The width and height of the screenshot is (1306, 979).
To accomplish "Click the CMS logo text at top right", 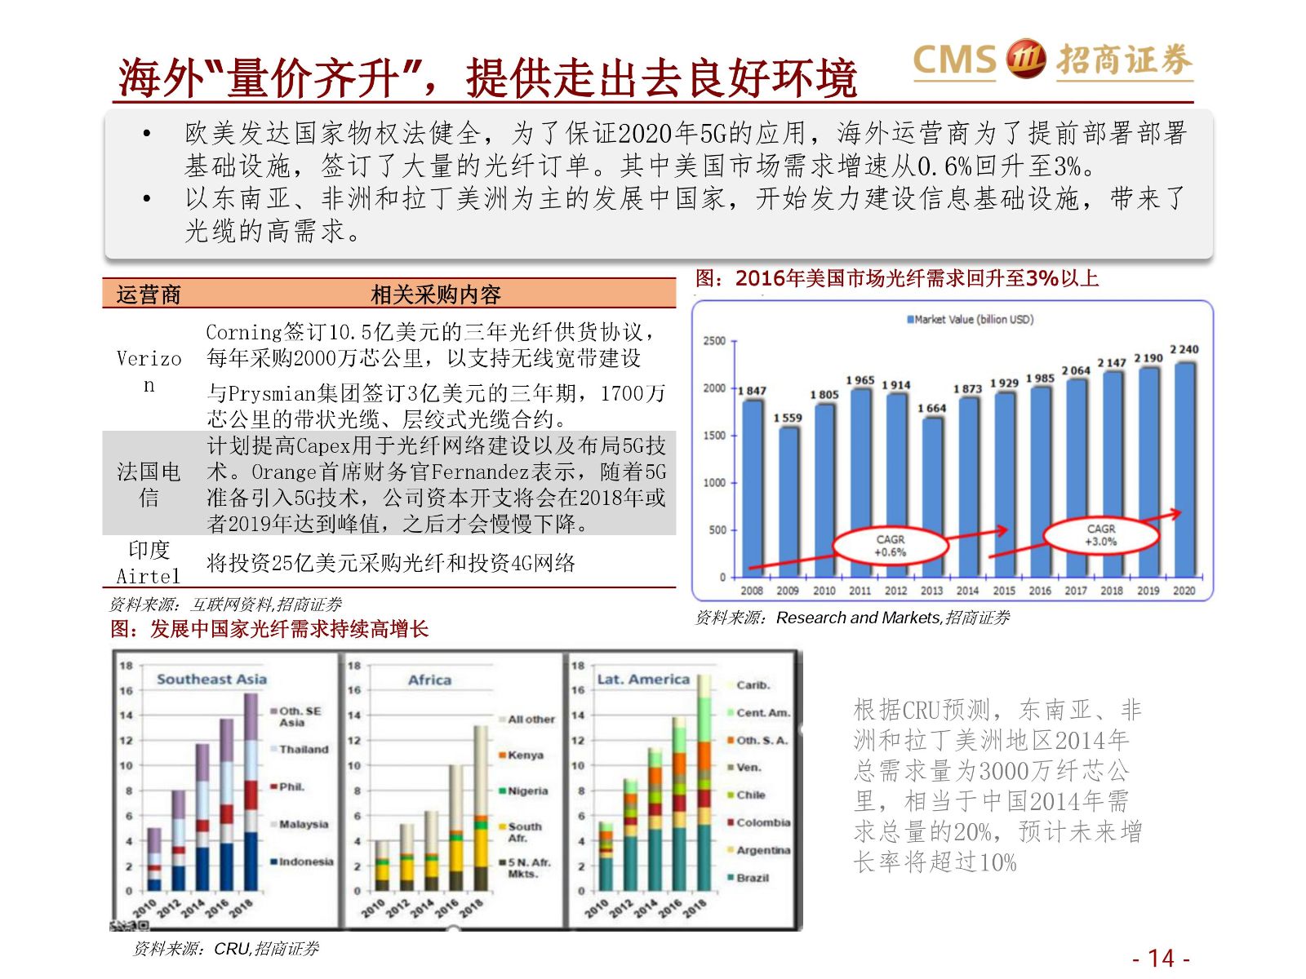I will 954,60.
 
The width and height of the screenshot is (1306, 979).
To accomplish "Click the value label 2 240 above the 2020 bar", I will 1184,349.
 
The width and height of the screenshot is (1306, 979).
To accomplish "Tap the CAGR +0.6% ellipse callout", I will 890,546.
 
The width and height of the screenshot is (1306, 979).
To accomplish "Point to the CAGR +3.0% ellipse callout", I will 1100,535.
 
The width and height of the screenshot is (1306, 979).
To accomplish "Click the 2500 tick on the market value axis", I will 714,341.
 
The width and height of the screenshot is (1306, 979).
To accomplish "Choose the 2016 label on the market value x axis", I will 1039,591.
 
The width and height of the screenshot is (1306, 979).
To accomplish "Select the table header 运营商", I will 149,295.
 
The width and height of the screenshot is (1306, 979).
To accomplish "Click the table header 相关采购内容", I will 435,295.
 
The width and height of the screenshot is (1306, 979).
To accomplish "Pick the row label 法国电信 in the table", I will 149,484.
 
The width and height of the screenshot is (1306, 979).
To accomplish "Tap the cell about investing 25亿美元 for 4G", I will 391,563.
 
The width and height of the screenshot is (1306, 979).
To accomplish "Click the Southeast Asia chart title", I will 211,679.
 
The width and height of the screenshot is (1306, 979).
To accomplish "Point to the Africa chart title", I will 429,680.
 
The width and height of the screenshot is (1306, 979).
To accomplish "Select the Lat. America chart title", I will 643,679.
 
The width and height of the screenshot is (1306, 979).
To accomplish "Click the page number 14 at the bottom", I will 1161,958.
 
